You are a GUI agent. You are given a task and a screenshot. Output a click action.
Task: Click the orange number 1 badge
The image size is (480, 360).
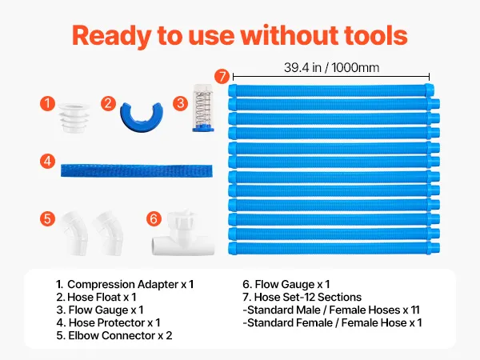(47, 103)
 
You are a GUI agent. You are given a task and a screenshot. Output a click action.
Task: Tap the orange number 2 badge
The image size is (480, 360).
(108, 103)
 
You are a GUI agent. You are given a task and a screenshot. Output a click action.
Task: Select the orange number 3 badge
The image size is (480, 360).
(180, 103)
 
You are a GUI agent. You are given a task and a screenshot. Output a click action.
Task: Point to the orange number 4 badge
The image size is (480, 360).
(47, 162)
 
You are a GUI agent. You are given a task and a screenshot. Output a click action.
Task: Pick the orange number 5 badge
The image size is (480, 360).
(47, 219)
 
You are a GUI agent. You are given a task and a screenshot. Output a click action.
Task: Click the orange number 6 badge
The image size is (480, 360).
(154, 219)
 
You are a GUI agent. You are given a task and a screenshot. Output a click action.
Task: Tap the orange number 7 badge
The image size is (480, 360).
(222, 76)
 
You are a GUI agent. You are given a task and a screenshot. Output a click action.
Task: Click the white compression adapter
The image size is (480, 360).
(74, 118)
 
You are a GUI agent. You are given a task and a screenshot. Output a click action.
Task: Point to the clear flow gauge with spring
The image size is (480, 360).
(203, 108)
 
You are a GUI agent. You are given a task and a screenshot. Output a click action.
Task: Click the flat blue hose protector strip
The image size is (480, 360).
(137, 170)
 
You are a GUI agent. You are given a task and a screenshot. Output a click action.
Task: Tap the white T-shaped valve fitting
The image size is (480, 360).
(183, 233)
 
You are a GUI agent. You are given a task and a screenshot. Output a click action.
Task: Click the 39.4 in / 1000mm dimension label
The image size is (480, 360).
(331, 67)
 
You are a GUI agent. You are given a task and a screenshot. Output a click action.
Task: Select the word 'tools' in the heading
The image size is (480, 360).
(376, 35)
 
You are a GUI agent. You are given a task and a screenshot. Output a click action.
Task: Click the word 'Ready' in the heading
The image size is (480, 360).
(111, 36)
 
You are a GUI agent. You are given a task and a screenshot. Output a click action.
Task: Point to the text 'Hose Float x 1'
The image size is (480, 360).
(102, 298)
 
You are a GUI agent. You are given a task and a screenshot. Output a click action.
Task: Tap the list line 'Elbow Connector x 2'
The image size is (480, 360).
(120, 335)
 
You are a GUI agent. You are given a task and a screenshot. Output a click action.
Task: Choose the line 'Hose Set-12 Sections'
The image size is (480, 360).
(308, 298)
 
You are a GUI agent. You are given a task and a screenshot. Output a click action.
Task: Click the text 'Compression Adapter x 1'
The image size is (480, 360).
(130, 285)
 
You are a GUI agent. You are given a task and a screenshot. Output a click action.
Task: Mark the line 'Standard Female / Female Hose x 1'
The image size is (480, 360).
(334, 322)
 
